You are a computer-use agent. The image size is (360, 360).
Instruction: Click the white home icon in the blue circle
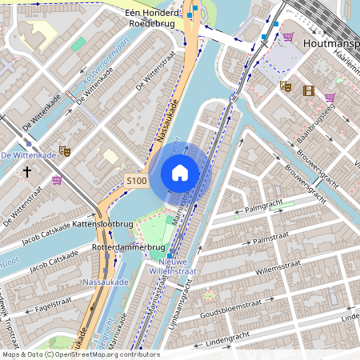(x=180, y=172)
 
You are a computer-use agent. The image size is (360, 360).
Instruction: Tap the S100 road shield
(x=137, y=181)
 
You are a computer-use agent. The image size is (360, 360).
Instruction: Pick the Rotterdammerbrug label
(x=117, y=247)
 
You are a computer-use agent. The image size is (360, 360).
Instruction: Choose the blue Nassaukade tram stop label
(x=106, y=282)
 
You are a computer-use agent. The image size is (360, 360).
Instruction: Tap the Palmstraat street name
(x=269, y=239)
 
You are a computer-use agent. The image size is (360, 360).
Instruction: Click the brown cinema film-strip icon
(x=309, y=90)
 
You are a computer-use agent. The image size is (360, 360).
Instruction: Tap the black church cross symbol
(x=26, y=171)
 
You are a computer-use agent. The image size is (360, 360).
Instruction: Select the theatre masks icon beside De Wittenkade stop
(x=65, y=150)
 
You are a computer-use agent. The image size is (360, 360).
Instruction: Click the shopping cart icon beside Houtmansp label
(x=287, y=37)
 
